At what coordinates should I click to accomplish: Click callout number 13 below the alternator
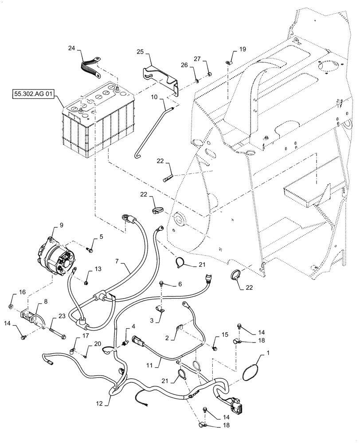click(98, 268)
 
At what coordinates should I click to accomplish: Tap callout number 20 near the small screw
click(98, 343)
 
